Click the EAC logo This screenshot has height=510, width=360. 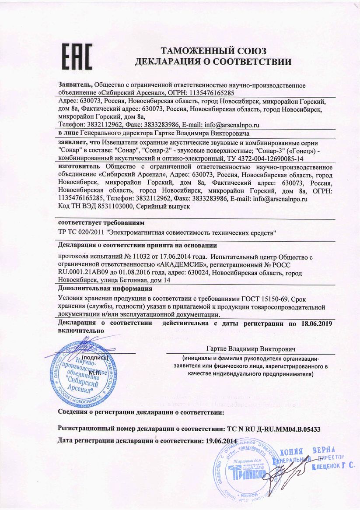[x=77, y=56]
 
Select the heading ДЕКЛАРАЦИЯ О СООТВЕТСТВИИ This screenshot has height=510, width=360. [x=213, y=62]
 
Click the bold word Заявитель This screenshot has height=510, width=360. [x=75, y=85]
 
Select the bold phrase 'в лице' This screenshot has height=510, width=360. [x=69, y=133]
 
